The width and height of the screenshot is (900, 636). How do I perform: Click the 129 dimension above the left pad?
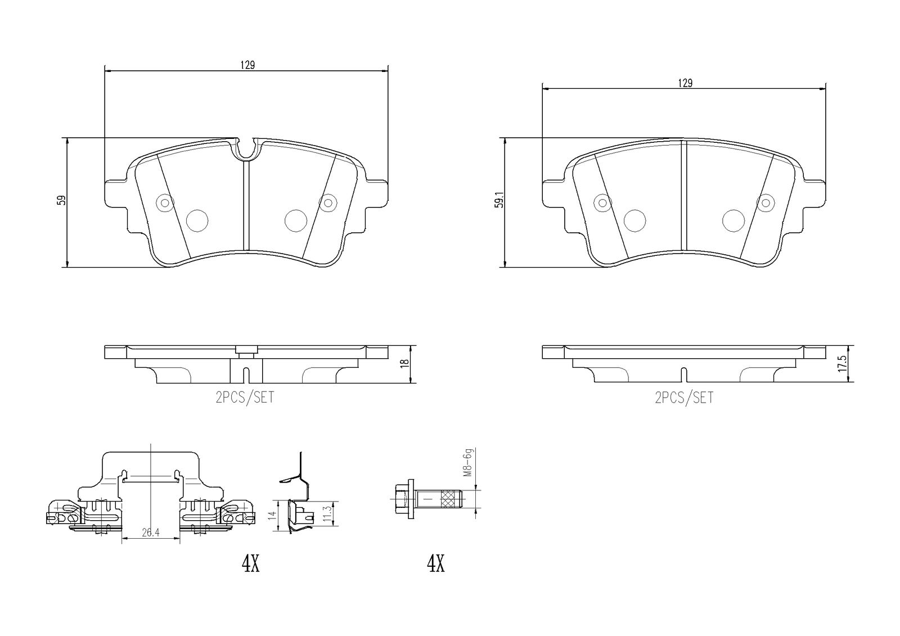click(x=247, y=65)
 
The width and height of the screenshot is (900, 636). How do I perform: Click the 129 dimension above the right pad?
click(x=685, y=83)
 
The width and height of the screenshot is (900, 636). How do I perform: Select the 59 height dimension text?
click(x=61, y=201)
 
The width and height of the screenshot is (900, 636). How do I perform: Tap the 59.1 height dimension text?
click(x=499, y=200)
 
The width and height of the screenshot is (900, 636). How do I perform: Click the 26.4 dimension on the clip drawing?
click(x=151, y=533)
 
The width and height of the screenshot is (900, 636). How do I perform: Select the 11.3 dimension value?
click(x=327, y=514)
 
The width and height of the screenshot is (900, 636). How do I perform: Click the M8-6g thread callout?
click(x=468, y=462)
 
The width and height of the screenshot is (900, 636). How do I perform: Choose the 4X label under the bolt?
click(x=435, y=563)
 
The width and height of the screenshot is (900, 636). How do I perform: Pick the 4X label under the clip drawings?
click(x=251, y=563)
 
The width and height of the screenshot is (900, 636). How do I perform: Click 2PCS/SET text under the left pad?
click(x=245, y=398)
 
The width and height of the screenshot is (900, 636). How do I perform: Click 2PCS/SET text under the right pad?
click(x=684, y=398)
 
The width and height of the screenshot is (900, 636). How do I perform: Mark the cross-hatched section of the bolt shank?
click(x=449, y=499)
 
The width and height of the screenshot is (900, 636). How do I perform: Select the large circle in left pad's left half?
click(x=197, y=220)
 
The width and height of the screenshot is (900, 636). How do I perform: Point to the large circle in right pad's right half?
click(x=733, y=220)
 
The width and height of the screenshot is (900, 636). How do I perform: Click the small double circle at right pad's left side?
click(x=602, y=203)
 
